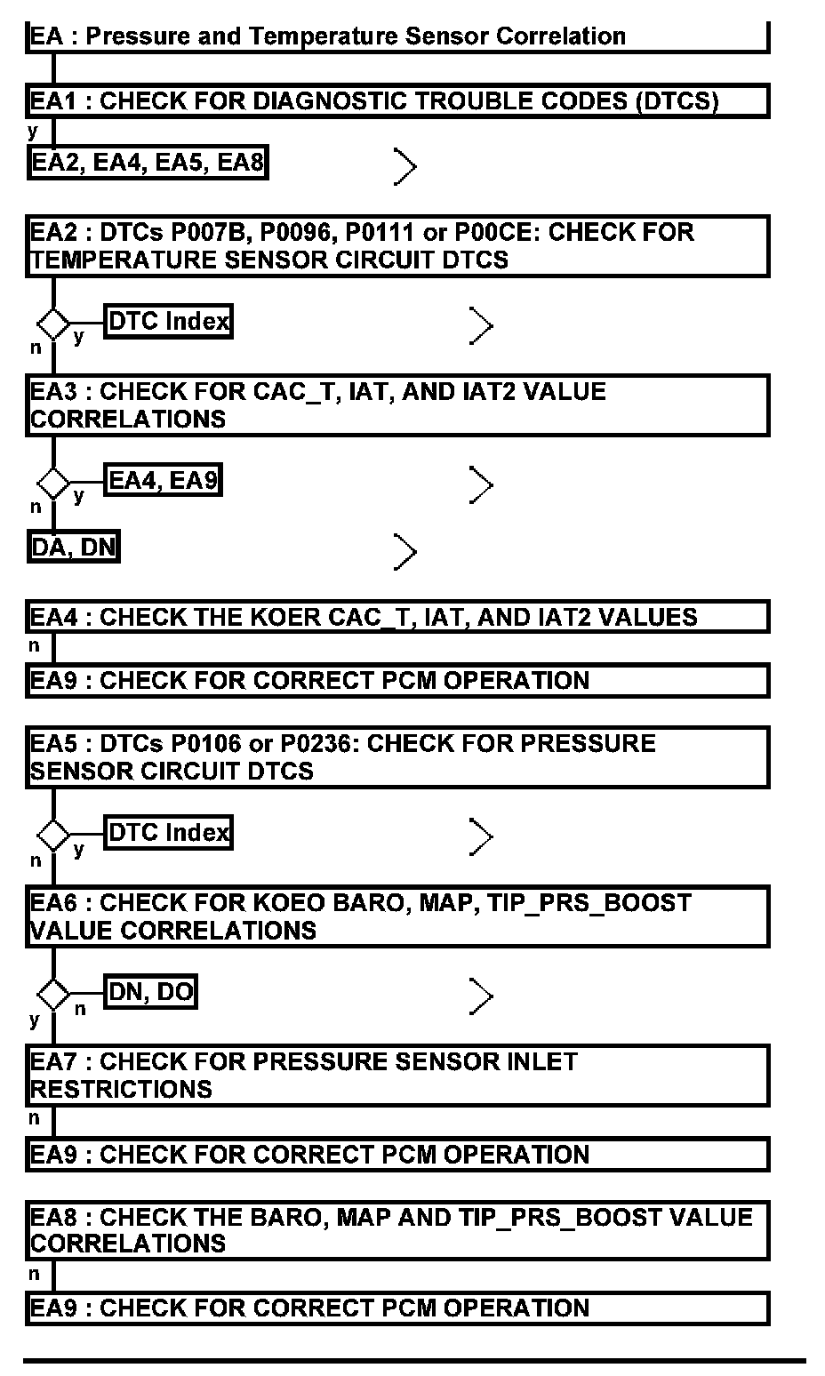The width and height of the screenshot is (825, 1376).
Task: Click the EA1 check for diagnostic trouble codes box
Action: coord(396,100)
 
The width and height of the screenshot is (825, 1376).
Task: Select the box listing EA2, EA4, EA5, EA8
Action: coord(148,163)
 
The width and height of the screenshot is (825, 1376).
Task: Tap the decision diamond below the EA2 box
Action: coord(53,323)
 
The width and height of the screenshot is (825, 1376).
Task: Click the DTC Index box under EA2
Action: coord(168,321)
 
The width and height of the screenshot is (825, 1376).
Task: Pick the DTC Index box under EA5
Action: coord(168,833)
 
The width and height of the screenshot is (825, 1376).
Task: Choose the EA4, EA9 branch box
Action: coord(163,481)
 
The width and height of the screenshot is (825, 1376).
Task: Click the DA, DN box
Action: coord(74,547)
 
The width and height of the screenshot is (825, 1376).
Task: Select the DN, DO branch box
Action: coord(150,992)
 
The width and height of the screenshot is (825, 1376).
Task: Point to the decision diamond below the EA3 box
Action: coord(53,484)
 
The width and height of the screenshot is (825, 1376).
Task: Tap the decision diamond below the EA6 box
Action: coord(53,994)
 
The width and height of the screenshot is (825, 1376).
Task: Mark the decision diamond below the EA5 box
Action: coord(53,836)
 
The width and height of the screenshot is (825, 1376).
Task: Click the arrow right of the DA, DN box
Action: coord(404,552)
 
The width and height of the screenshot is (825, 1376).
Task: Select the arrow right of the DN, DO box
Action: coord(480,996)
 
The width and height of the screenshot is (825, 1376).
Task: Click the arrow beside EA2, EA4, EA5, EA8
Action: coord(404,166)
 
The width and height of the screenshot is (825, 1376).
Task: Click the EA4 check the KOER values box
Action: coord(396,617)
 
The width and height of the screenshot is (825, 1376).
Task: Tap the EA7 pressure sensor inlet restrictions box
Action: coord(396,1076)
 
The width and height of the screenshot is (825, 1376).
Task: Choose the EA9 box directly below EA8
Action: coord(396,1308)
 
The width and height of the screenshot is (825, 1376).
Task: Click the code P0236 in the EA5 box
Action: coord(318,743)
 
